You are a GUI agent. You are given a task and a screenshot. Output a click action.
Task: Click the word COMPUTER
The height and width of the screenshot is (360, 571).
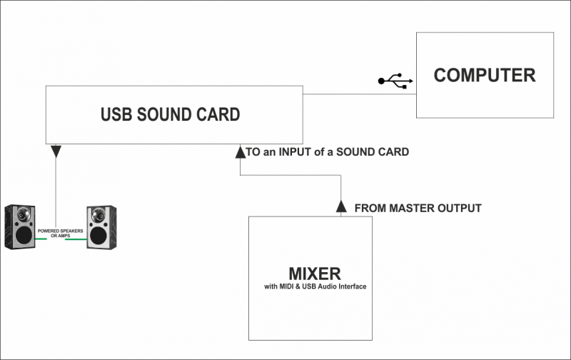coord(485,75)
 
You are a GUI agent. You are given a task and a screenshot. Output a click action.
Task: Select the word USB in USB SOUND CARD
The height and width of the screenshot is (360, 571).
coord(115,114)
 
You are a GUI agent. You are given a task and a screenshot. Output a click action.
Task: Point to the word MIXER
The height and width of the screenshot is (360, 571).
coord(315,273)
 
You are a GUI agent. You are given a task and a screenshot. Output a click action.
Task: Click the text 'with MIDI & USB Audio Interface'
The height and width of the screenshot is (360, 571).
coord(315,287)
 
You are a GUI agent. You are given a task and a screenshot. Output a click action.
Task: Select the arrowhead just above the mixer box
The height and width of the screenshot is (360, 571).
coord(341,207)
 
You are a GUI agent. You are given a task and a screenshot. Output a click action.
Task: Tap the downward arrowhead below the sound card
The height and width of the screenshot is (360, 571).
coord(56,151)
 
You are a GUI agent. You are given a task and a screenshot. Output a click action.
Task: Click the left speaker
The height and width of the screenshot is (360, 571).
coord(19,227)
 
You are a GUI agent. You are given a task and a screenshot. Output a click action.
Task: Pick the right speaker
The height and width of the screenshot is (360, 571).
coord(99,227)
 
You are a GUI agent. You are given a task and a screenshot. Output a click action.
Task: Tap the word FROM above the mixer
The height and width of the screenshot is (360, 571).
coord(370,209)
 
